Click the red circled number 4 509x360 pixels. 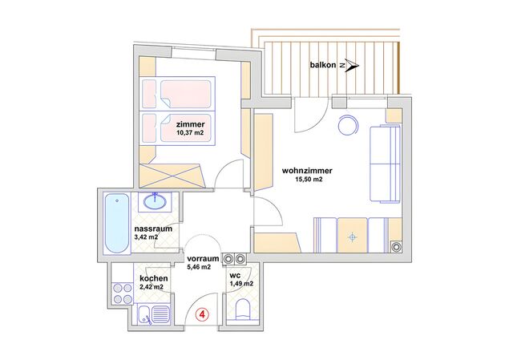click(x=202, y=314)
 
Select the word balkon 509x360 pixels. click(x=323, y=65)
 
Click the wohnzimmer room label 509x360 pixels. click(x=307, y=171)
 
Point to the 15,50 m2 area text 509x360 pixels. click(x=307, y=179)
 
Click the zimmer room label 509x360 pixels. click(x=191, y=124)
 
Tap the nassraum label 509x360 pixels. click(x=153, y=229)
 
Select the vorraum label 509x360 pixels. click(x=204, y=259)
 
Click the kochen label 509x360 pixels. click(x=154, y=278)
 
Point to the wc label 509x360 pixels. click(x=235, y=276)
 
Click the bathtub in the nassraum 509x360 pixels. click(x=117, y=224)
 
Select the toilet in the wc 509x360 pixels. click(x=243, y=309)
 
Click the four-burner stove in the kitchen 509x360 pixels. click(x=122, y=293)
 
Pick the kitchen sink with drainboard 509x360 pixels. click(x=153, y=315)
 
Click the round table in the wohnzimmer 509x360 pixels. click(x=349, y=125)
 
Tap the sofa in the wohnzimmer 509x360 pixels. click(x=385, y=164)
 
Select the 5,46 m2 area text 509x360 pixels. click(x=199, y=267)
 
